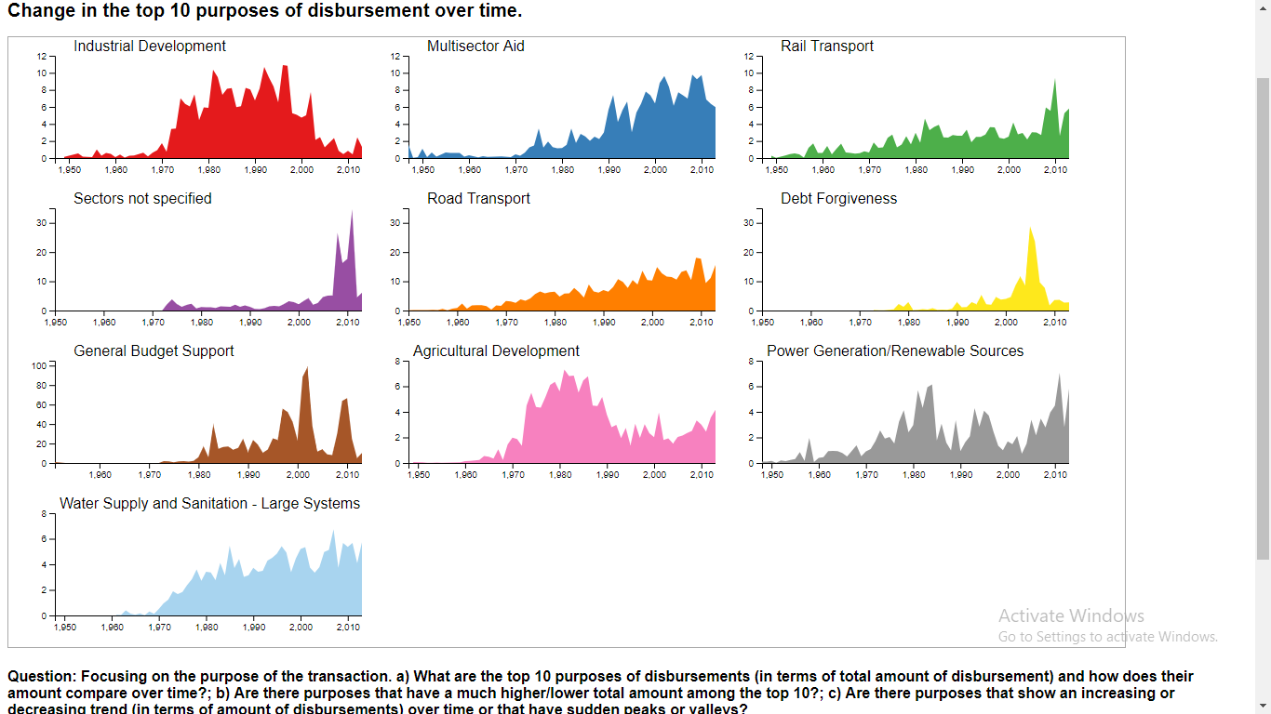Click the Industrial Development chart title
click(x=150, y=46)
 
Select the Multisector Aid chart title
click(x=475, y=46)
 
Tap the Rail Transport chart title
click(x=827, y=46)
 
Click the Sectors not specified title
click(x=142, y=199)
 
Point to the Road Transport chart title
click(x=478, y=199)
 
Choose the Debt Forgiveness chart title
click(x=838, y=199)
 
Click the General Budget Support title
click(x=154, y=351)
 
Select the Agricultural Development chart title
click(x=496, y=351)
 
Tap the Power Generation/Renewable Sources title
click(x=894, y=351)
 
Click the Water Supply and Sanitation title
click(x=209, y=504)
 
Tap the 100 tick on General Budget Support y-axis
click(x=39, y=365)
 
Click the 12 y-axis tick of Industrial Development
click(x=41, y=56)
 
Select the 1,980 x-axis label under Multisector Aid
click(x=562, y=170)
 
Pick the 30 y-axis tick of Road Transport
click(x=395, y=223)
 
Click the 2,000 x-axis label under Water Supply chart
click(x=301, y=628)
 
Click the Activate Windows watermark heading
click(x=1071, y=615)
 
